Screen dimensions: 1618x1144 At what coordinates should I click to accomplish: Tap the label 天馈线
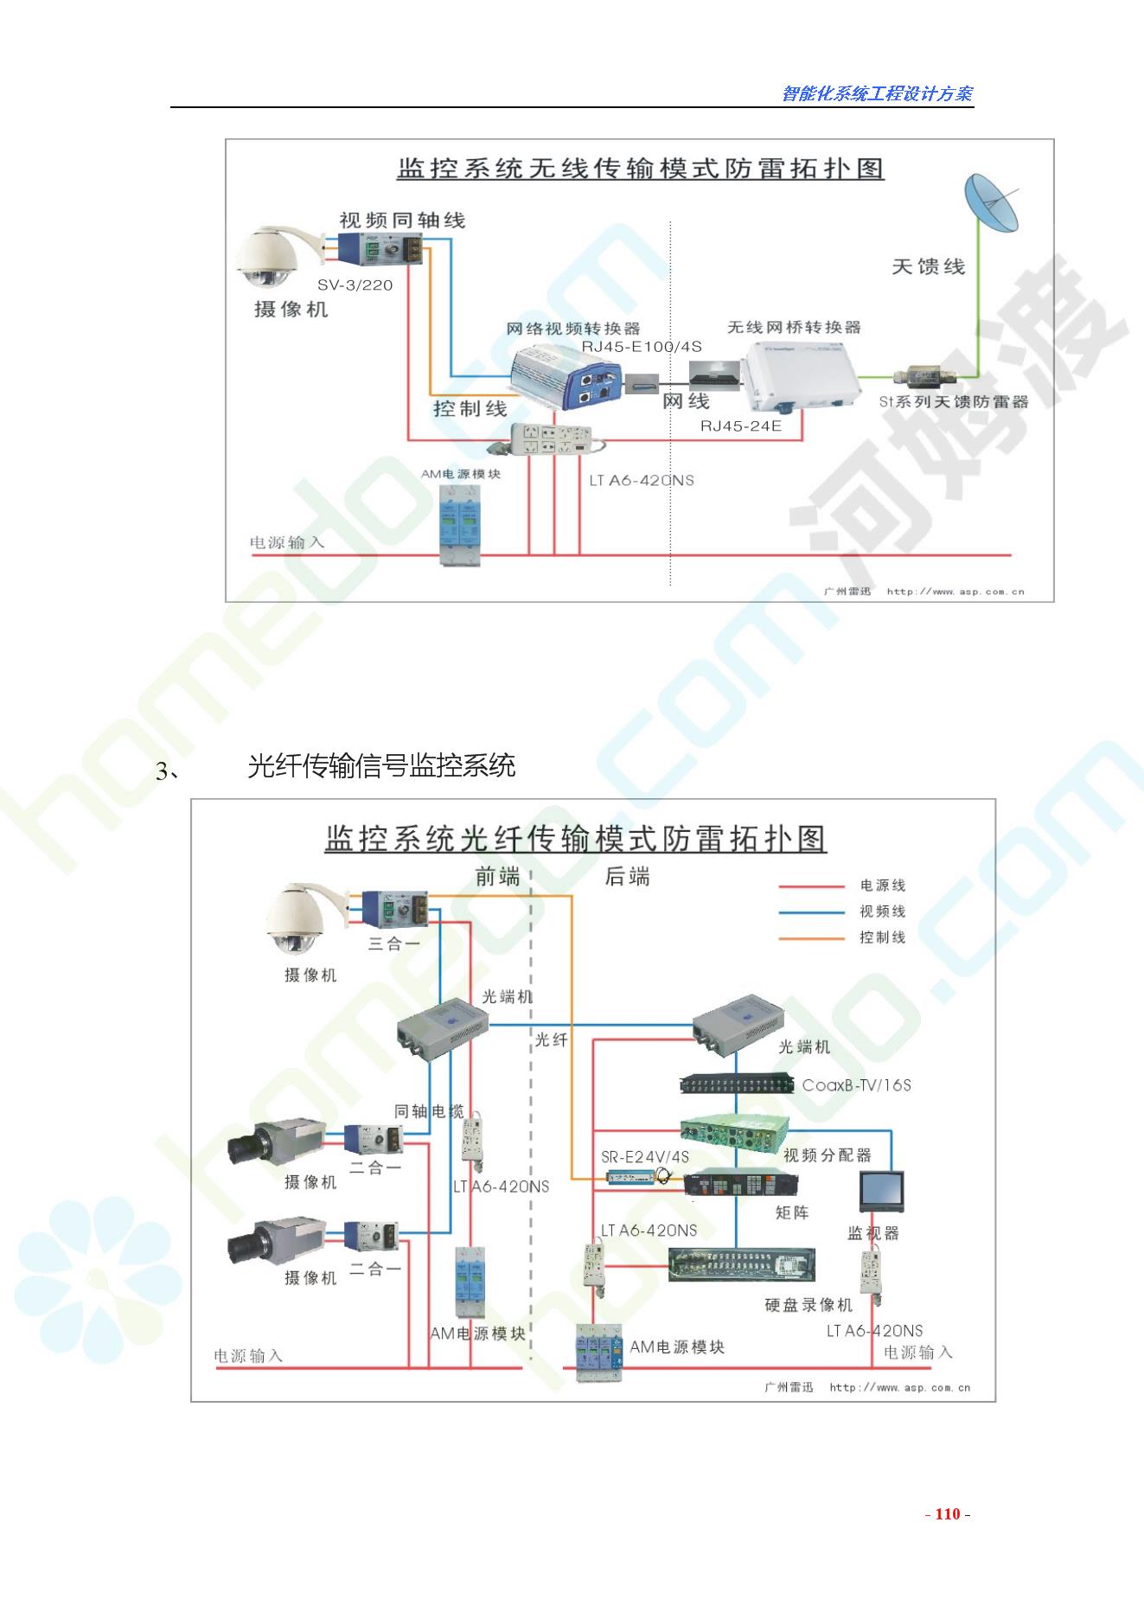coord(928,266)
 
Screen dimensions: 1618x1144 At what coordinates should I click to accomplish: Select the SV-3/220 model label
coord(355,285)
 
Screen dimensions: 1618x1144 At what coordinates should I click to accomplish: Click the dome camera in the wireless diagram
coord(268,257)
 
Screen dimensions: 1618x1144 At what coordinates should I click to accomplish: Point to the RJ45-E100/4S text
coord(641,347)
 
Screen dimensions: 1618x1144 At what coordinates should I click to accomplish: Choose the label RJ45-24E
coord(740,425)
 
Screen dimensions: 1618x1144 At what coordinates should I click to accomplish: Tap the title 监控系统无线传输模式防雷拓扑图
coord(640,168)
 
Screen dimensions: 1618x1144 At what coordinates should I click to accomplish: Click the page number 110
coord(948,1513)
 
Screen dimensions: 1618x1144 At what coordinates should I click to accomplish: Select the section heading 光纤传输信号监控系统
coord(381,766)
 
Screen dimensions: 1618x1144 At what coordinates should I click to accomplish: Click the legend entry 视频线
coord(882,911)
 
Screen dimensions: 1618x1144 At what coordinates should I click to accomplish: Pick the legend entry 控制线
coord(882,937)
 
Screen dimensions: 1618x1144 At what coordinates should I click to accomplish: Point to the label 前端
coord(497,877)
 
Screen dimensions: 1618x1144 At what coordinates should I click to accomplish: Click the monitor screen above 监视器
coord(881,1191)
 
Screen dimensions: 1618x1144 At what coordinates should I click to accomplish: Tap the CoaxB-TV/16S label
coord(856,1085)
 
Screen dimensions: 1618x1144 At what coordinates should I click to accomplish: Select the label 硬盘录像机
coord(808,1305)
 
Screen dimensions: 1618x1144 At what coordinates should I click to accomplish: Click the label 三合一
coord(393,943)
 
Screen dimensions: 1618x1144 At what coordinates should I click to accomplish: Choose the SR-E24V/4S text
coord(645,1157)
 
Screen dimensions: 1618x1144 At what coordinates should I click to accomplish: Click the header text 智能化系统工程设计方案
coord(877,93)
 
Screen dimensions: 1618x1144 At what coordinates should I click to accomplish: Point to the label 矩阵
coord(791,1212)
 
